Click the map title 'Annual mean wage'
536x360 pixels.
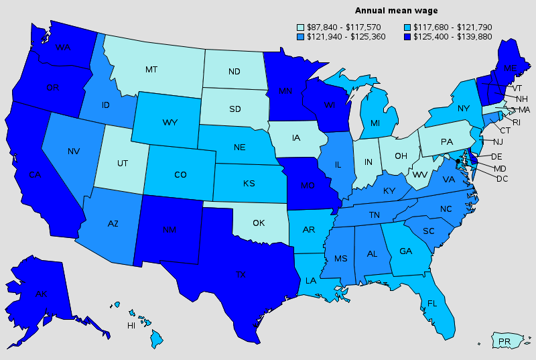[396, 11]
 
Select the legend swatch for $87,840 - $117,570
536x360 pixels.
[301, 27]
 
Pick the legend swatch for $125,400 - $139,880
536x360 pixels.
[408, 36]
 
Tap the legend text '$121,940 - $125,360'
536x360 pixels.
[346, 36]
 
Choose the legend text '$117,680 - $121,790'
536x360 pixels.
[454, 27]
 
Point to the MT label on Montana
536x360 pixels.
[152, 69]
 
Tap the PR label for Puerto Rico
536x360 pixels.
[505, 342]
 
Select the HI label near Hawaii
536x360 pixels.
[132, 326]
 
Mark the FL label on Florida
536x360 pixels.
[432, 303]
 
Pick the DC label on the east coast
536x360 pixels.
[503, 178]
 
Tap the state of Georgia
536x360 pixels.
[405, 251]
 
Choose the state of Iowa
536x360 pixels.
[296, 139]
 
